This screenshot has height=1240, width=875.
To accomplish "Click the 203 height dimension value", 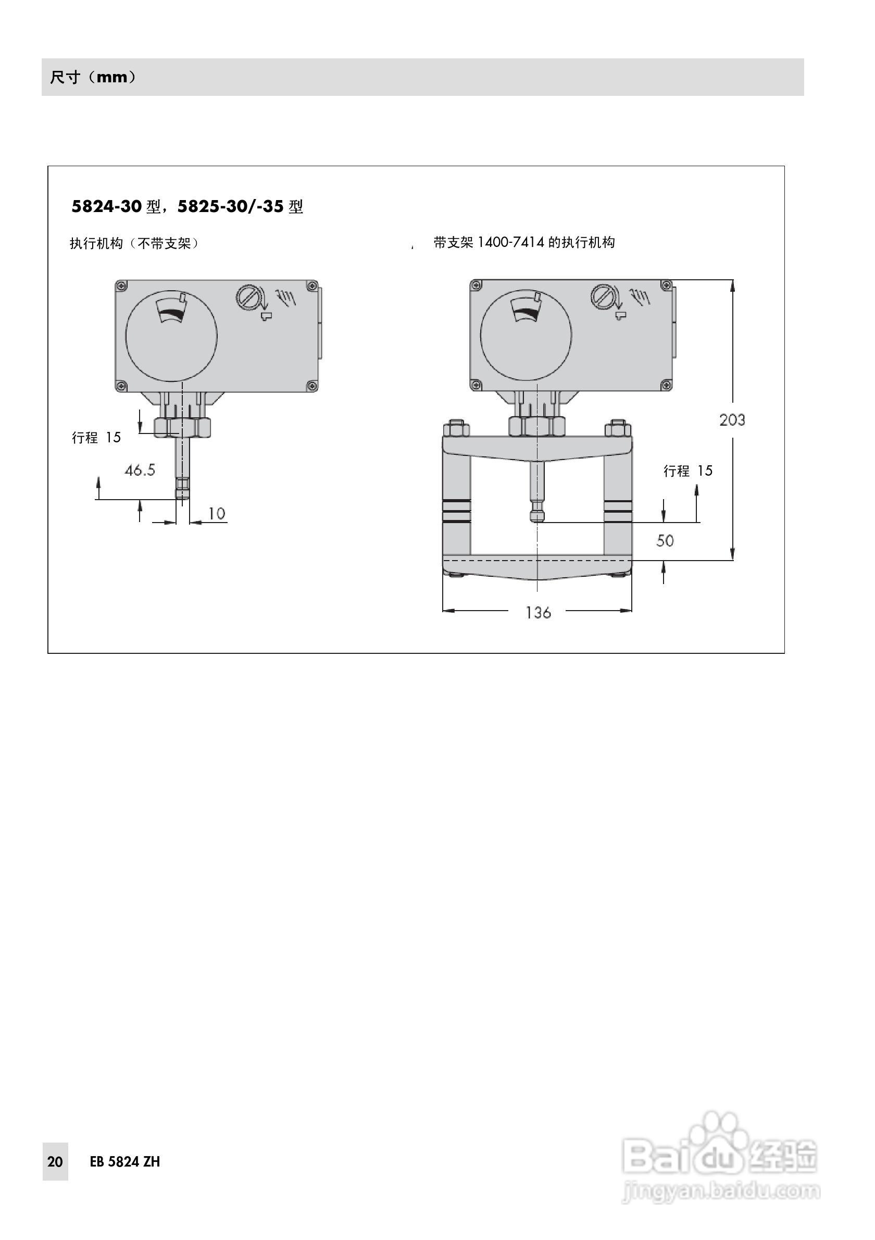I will (x=732, y=419).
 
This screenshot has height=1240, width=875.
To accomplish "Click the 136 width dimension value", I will (x=537, y=612).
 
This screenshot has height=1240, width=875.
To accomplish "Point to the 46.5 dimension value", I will (x=140, y=470).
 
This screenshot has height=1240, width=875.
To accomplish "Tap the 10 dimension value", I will (x=216, y=513).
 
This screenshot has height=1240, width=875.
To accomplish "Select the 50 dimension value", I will (x=665, y=541).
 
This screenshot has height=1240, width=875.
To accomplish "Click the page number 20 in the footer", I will (x=55, y=1162).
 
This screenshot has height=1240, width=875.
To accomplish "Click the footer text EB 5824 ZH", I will (x=124, y=1162).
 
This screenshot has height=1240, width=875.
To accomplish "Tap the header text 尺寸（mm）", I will (x=93, y=77).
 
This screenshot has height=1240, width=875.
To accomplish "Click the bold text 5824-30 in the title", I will (x=106, y=206).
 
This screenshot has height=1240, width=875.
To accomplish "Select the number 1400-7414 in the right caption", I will (x=510, y=242).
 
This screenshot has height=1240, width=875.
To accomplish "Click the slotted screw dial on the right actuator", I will (x=603, y=296).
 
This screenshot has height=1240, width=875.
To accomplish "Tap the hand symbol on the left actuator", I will (x=285, y=296).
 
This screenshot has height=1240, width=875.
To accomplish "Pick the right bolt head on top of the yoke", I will (x=618, y=429).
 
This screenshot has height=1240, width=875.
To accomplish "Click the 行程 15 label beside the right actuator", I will (x=687, y=471).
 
